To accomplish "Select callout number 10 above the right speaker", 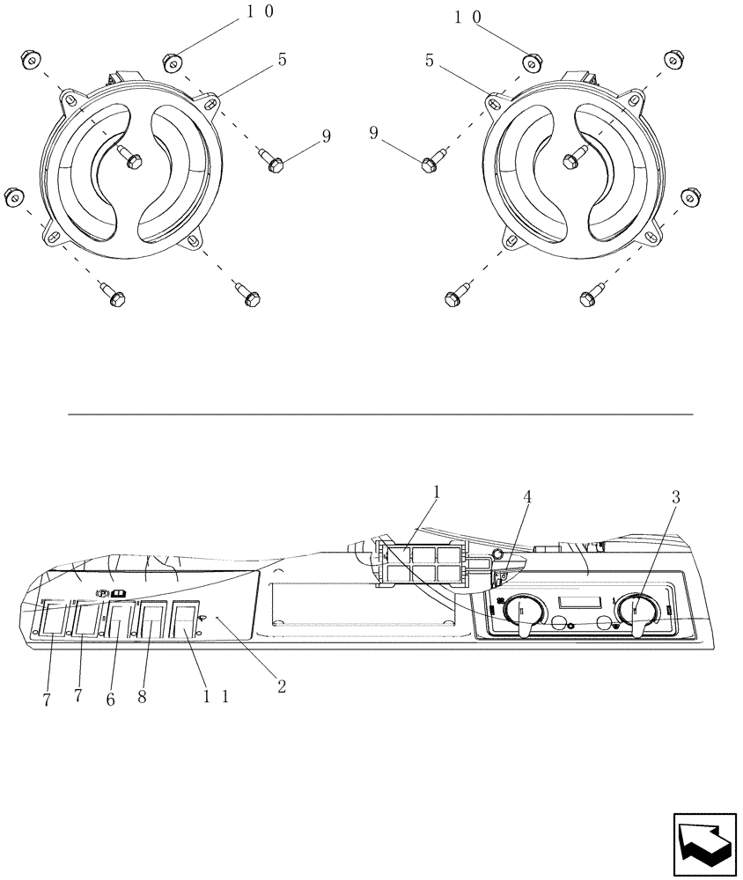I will point(467,17).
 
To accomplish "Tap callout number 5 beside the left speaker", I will point(281,60).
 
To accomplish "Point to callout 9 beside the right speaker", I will point(374,134).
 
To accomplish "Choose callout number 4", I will point(527,495).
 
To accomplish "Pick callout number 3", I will point(675,497).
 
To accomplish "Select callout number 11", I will point(217,695).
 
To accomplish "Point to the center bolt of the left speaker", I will point(133,162).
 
